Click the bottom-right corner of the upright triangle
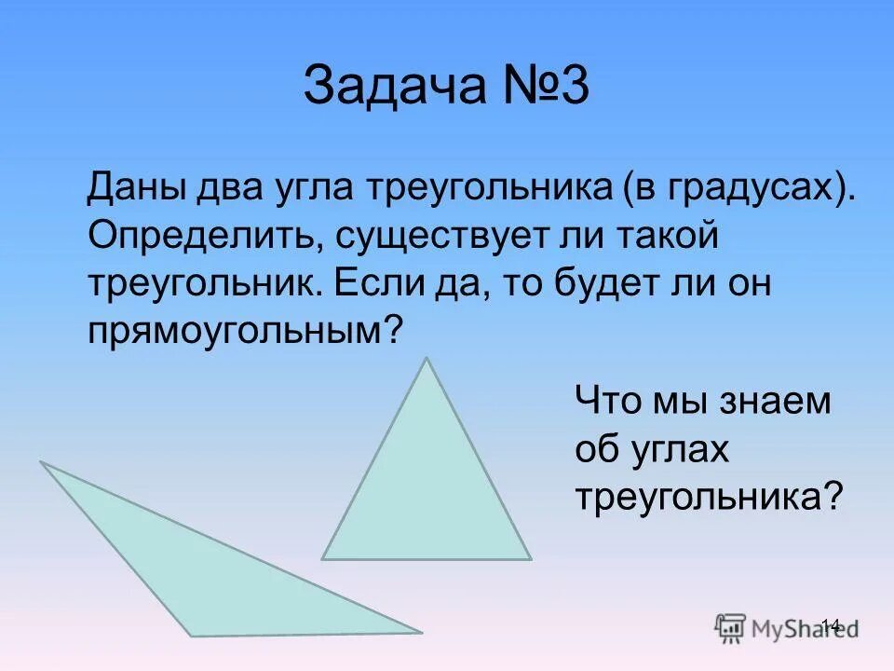click(531, 559)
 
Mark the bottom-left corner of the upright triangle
click(322, 559)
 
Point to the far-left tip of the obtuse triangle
click(40, 462)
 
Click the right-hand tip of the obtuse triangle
click(421, 633)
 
